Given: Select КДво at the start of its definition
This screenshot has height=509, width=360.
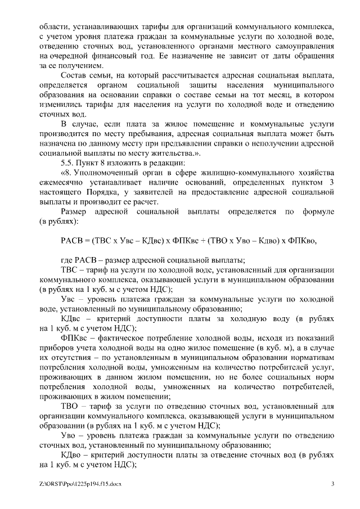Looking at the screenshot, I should click(71, 454).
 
